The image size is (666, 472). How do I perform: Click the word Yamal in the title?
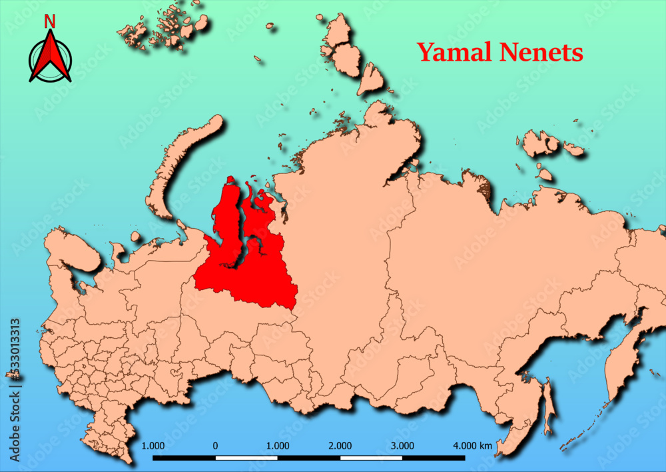click(456, 52)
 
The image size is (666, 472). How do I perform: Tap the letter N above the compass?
click(49, 21)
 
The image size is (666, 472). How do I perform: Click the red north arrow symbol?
click(50, 57)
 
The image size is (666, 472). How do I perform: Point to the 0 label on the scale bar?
click(215, 445)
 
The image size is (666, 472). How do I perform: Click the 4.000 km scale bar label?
click(472, 445)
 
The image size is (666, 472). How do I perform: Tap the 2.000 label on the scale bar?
click(340, 445)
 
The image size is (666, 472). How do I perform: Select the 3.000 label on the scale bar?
click(402, 445)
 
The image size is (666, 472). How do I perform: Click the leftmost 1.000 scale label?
click(153, 445)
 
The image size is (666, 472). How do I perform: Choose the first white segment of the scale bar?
click(246, 458)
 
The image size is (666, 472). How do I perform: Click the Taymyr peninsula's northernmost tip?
click(380, 105)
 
